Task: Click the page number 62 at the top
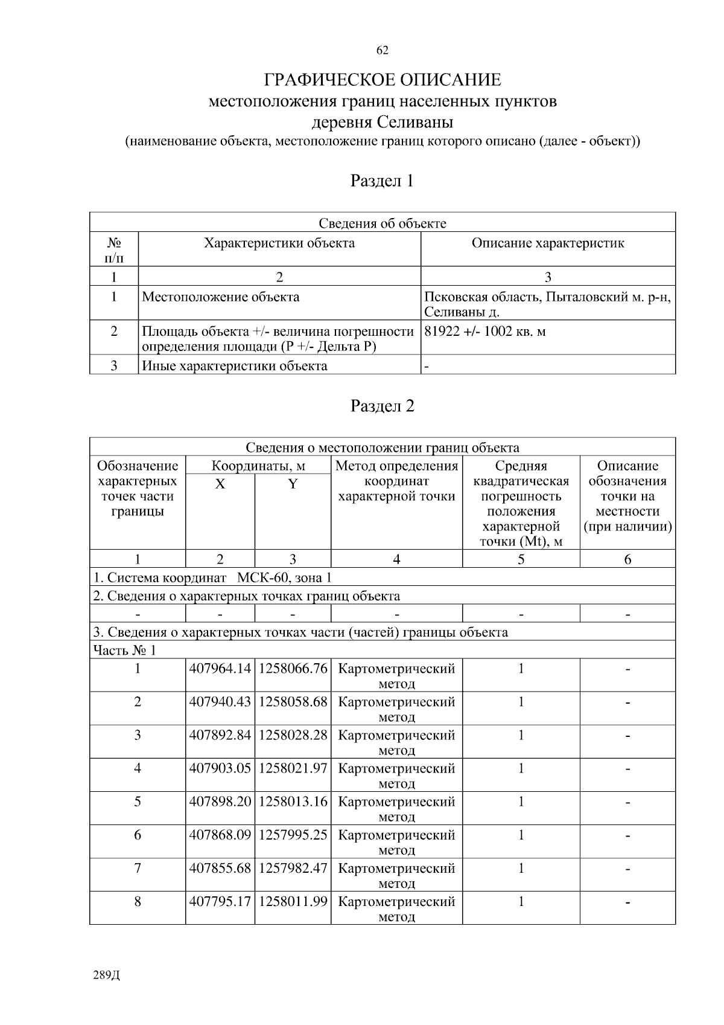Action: (x=382, y=51)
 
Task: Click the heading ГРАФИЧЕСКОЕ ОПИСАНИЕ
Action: (x=383, y=80)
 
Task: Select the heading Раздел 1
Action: (x=382, y=181)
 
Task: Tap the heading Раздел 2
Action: (x=382, y=406)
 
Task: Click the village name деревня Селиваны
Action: (x=382, y=123)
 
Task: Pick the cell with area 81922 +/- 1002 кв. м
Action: (x=485, y=332)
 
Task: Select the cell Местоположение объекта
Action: (x=220, y=297)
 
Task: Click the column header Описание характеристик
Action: (x=547, y=243)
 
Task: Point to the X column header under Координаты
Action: (x=220, y=484)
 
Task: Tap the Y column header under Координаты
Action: (x=293, y=484)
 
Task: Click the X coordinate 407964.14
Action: (x=220, y=669)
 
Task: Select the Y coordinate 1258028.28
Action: (x=293, y=735)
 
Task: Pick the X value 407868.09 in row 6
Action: (x=220, y=835)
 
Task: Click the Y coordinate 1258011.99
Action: (x=293, y=901)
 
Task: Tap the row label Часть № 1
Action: (x=124, y=650)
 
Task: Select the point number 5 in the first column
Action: (x=138, y=802)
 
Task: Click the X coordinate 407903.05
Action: (x=220, y=768)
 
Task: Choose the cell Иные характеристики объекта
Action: (x=234, y=366)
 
